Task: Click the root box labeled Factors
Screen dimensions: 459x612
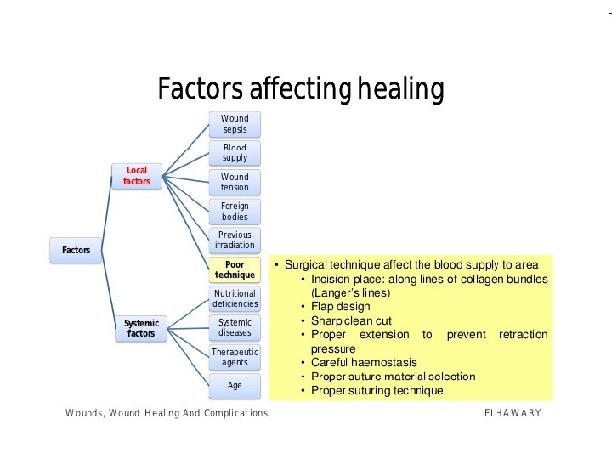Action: (x=76, y=250)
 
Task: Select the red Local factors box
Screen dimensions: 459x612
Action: (x=137, y=176)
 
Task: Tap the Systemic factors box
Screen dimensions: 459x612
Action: (x=141, y=328)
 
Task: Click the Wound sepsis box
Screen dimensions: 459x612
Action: (x=235, y=123)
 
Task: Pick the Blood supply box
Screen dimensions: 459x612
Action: (x=235, y=152)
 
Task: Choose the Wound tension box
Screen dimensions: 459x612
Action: (x=235, y=182)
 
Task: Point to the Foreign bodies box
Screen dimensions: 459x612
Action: (x=235, y=211)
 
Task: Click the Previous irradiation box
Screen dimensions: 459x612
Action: (x=235, y=240)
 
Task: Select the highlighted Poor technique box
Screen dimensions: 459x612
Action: (x=235, y=269)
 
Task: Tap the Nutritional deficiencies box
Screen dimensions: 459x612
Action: (x=235, y=298)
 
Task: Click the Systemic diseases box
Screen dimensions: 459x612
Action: (x=235, y=327)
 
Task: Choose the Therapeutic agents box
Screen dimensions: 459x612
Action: (x=235, y=357)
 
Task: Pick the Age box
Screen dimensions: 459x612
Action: (x=235, y=385)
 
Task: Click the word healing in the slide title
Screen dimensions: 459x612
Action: (x=399, y=88)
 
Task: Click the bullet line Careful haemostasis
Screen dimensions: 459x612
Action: (x=364, y=362)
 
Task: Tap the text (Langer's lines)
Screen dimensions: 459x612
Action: (x=350, y=292)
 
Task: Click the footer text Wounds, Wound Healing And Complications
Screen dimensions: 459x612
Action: (x=167, y=413)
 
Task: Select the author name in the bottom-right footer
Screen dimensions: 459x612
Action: (x=512, y=413)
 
